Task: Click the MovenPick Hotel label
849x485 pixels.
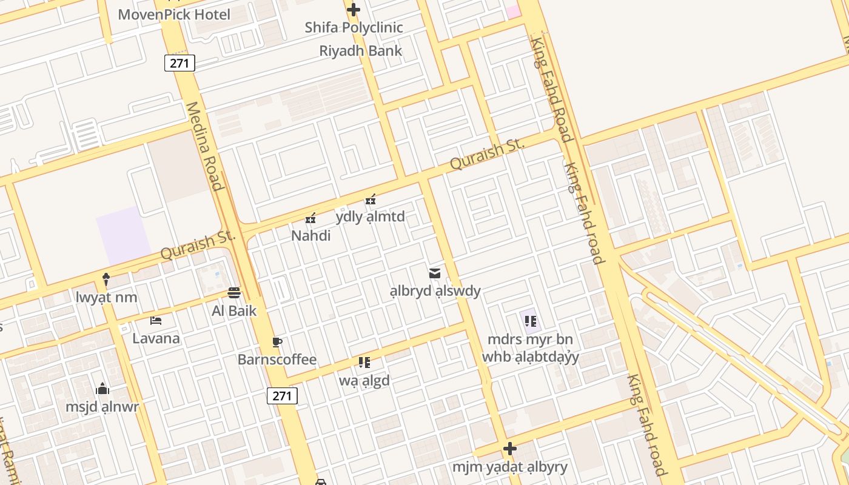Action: click(174, 14)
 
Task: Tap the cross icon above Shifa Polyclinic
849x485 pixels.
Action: click(353, 10)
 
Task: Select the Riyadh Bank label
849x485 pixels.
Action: click(360, 50)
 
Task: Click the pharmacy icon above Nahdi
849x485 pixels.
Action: click(310, 218)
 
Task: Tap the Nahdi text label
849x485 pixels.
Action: click(310, 235)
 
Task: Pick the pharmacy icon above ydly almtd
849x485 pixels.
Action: click(371, 199)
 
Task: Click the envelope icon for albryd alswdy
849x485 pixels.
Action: click(434, 273)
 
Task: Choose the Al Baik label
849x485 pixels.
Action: click(234, 311)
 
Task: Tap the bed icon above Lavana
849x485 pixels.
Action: click(156, 320)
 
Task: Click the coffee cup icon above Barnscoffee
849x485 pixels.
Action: click(277, 342)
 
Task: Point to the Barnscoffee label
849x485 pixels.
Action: click(277, 360)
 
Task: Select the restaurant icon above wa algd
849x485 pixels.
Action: click(364, 363)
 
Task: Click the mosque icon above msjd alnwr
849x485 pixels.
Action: click(102, 388)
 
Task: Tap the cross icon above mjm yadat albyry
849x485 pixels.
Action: click(509, 449)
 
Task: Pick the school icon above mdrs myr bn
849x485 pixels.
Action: click(530, 321)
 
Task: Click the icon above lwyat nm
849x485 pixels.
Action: click(106, 279)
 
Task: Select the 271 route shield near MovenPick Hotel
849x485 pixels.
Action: click(180, 62)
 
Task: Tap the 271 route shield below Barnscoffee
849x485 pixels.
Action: click(282, 396)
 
